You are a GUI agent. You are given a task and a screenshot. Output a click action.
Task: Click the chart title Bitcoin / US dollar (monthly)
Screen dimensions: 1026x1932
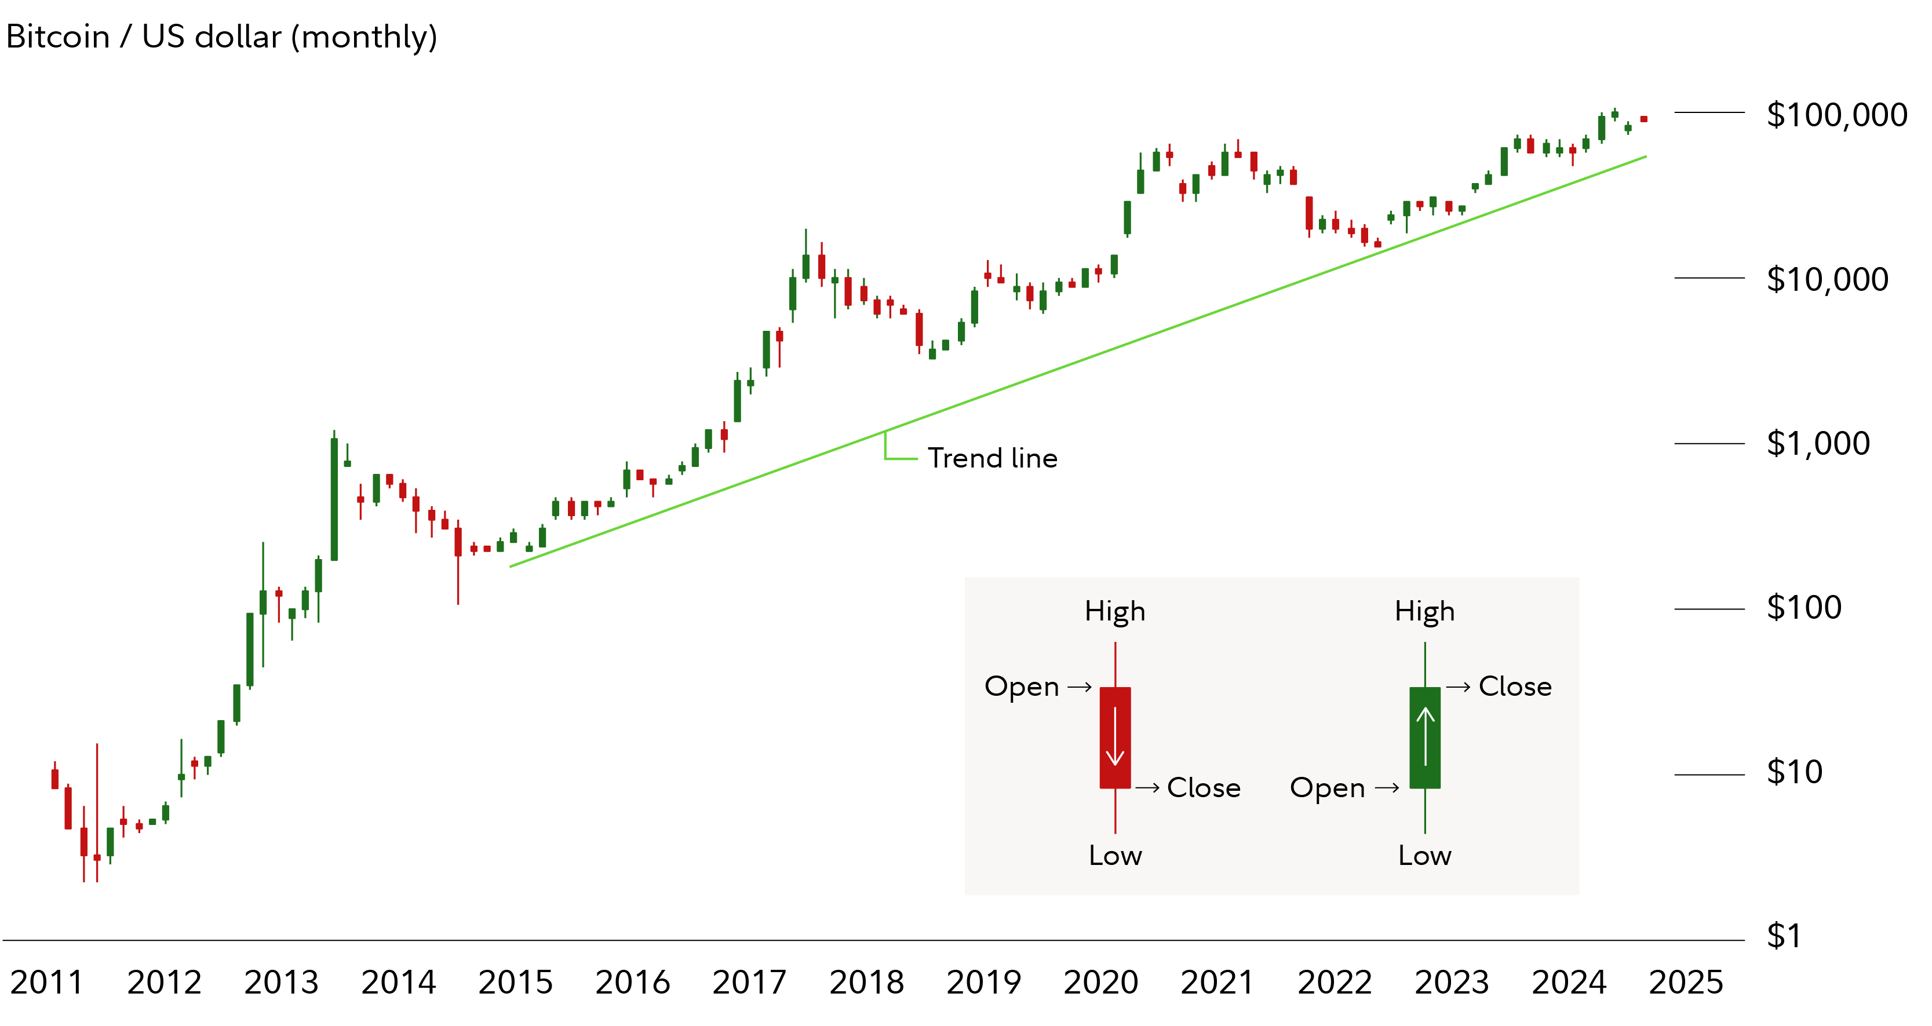[221, 36]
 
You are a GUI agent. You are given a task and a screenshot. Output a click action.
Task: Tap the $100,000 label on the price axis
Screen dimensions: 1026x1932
[1836, 115]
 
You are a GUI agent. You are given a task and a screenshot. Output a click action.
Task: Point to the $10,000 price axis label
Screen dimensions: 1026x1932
[1827, 280]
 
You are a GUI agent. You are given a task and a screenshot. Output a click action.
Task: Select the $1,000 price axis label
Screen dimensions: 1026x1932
[1818, 444]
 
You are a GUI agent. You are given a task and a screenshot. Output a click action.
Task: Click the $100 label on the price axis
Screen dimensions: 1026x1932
[1804, 608]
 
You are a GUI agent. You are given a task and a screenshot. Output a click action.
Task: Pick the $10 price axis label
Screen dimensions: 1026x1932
[1794, 772]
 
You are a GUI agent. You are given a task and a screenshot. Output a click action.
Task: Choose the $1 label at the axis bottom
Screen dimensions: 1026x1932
[1784, 936]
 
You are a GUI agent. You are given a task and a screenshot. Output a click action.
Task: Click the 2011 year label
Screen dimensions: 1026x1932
[46, 983]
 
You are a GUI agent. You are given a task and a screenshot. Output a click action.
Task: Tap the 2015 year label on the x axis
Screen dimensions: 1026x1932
[515, 983]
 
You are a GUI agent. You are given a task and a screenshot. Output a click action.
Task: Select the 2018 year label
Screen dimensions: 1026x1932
[866, 983]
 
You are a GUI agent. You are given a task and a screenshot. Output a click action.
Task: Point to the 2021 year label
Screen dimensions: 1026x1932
[1217, 983]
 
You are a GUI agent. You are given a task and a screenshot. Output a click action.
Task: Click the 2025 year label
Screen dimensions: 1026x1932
[1686, 983]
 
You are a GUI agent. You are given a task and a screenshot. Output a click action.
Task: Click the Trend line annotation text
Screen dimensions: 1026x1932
[992, 458]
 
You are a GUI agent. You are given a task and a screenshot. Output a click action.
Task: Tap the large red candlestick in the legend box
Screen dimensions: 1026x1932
[1116, 738]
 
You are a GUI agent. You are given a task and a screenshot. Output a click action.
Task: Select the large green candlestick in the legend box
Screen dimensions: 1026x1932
[1425, 738]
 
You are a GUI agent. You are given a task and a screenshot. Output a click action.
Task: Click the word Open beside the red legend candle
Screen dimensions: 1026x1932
[1022, 687]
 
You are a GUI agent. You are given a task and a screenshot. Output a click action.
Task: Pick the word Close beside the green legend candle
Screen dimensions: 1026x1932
[1515, 687]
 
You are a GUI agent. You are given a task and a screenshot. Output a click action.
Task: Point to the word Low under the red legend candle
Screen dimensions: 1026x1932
[1116, 856]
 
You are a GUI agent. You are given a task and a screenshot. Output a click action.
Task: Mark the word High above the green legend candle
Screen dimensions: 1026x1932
[1424, 611]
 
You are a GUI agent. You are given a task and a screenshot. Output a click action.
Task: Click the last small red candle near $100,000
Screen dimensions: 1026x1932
[1644, 119]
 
